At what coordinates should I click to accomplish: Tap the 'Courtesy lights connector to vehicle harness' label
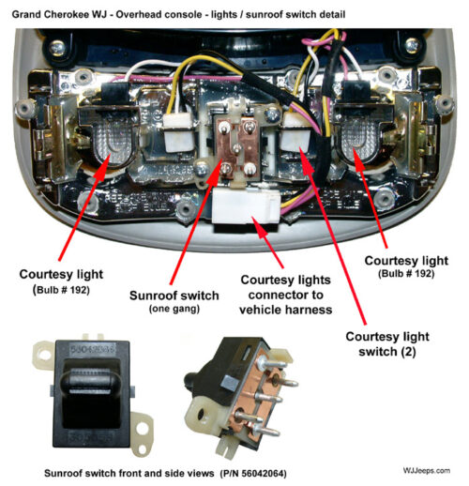coord(285,295)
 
